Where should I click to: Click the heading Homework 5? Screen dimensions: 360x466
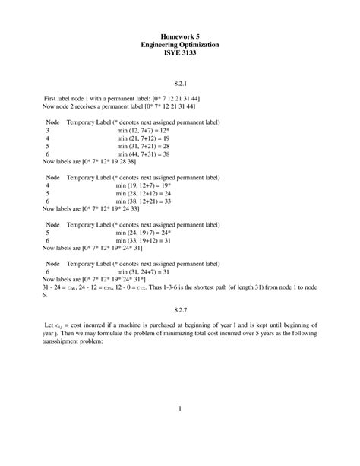point(180,36)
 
